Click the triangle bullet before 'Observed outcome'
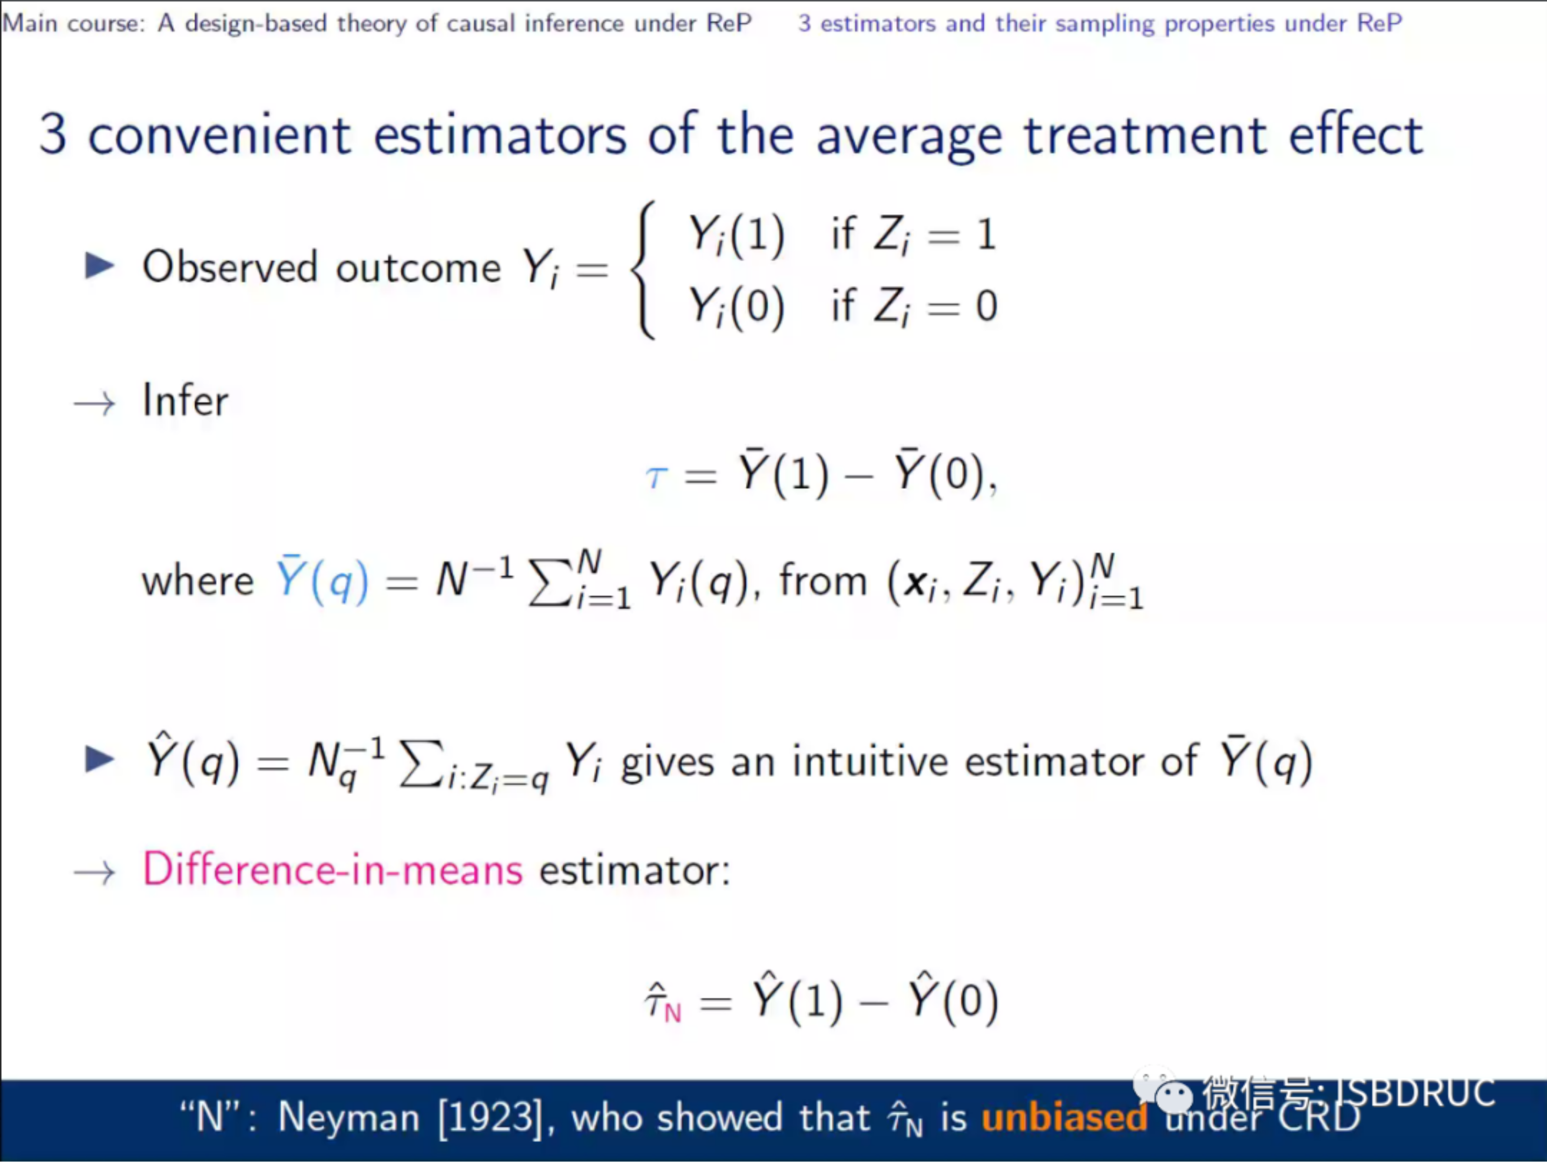(99, 266)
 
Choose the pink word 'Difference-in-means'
(333, 870)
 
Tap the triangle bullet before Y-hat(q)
(99, 759)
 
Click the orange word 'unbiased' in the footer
(1064, 1117)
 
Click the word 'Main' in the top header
(29, 23)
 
